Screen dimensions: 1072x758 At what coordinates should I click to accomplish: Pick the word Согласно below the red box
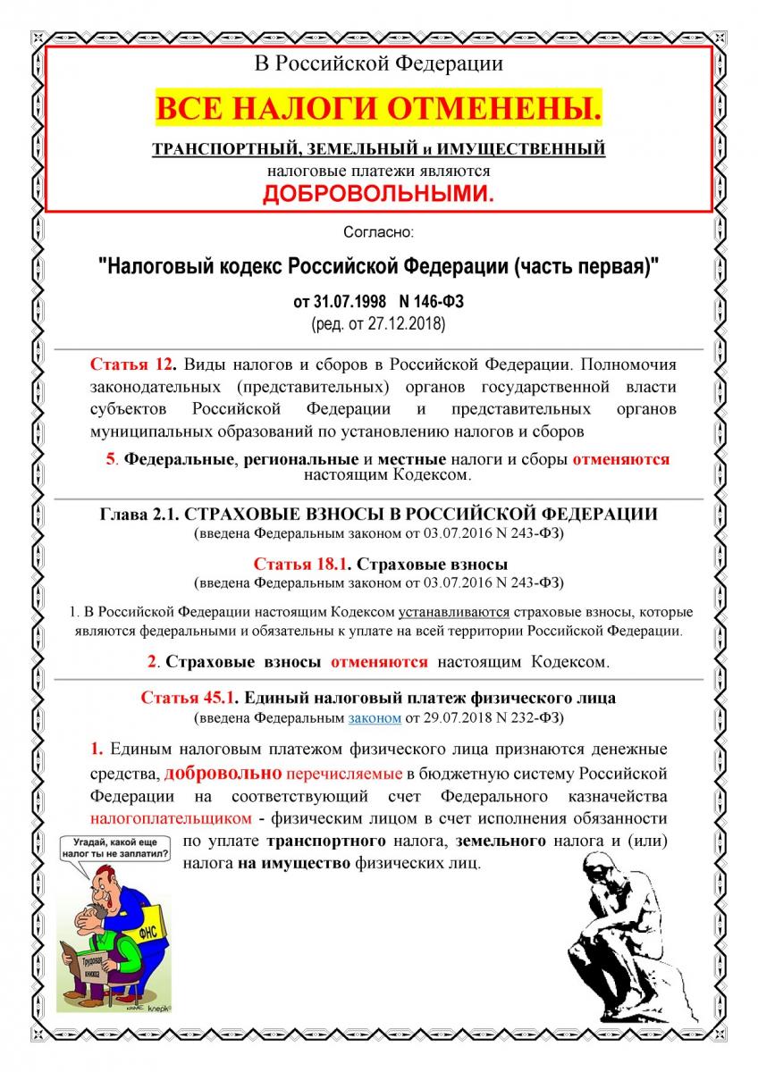tap(379, 232)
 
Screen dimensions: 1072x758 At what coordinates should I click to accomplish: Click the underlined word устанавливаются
tap(454, 613)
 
